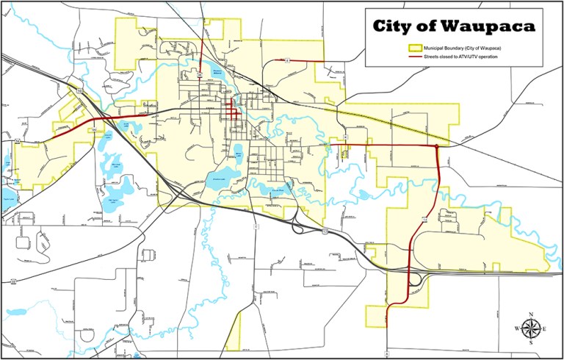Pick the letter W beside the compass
[516, 328]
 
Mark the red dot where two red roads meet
[437, 147]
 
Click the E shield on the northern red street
[289, 60]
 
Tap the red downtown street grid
[232, 113]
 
